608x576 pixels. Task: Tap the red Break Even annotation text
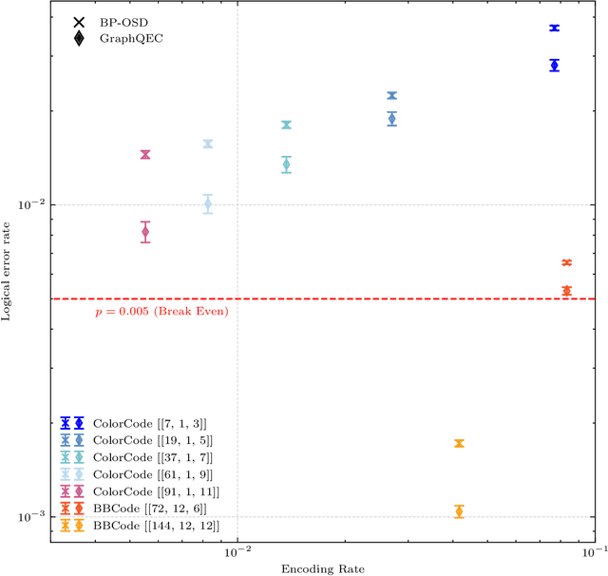pyautogui.click(x=161, y=311)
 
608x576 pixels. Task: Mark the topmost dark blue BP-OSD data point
pyautogui.click(x=554, y=29)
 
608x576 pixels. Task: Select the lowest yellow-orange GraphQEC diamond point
pyautogui.click(x=459, y=511)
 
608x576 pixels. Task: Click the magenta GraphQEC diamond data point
pyautogui.click(x=145, y=232)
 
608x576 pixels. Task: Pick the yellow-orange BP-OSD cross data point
pyautogui.click(x=459, y=444)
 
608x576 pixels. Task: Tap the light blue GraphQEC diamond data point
pyautogui.click(x=208, y=204)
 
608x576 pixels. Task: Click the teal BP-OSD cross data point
pyautogui.click(x=286, y=125)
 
